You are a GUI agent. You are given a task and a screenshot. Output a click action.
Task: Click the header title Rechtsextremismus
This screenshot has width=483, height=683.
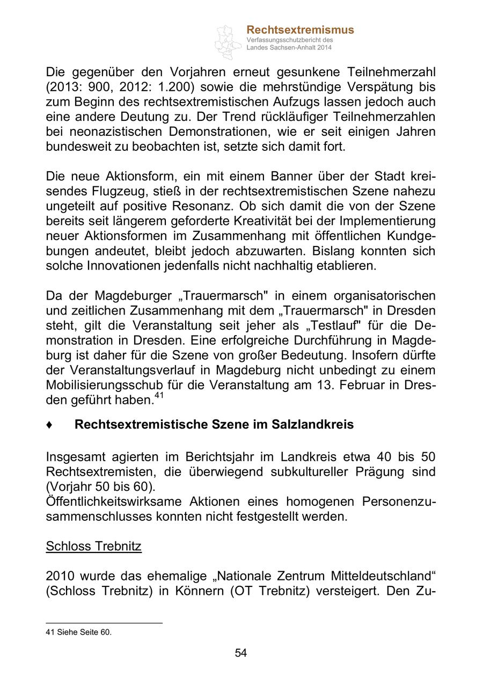tap(300, 30)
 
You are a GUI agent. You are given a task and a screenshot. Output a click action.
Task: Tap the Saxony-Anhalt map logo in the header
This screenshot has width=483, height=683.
tap(228, 41)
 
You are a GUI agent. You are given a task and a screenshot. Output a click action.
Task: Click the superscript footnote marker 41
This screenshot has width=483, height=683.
tap(159, 396)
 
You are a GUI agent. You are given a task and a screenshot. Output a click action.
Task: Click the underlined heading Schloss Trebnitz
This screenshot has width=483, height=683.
tap(93, 547)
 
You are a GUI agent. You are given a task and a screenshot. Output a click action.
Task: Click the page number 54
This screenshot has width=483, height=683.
tap(241, 653)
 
